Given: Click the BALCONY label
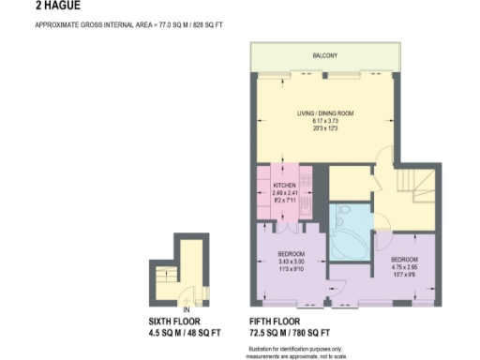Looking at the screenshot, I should [325, 56].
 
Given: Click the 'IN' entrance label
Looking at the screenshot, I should [187, 309].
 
